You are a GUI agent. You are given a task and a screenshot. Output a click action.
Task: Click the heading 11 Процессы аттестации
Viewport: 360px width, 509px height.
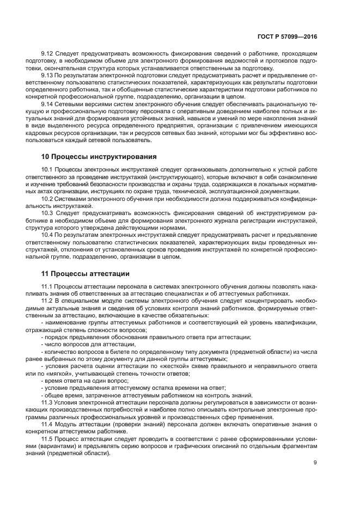click(86, 273)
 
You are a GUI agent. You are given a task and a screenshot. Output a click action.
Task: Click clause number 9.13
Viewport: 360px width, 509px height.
click(48, 75)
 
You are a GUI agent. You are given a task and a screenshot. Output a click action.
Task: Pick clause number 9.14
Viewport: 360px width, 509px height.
click(48, 104)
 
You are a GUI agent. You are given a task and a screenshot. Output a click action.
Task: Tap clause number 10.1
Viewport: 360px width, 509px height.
click(48, 170)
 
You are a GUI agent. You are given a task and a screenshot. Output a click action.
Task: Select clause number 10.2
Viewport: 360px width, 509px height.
click(48, 199)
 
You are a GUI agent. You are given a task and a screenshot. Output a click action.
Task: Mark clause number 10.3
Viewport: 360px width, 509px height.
click(48, 213)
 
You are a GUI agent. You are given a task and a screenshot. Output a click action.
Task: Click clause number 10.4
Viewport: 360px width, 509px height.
click(48, 235)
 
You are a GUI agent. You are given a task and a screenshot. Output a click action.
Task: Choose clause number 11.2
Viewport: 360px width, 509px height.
click(48, 301)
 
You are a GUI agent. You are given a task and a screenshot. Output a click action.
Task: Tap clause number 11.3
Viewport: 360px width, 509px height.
click(48, 402)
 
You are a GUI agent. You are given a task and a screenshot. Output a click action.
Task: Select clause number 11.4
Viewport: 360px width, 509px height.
click(48, 423)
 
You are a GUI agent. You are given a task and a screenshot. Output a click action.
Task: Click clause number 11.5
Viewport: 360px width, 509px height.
click(48, 438)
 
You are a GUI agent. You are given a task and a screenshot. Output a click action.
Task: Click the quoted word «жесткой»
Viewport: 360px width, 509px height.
click(176, 373)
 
